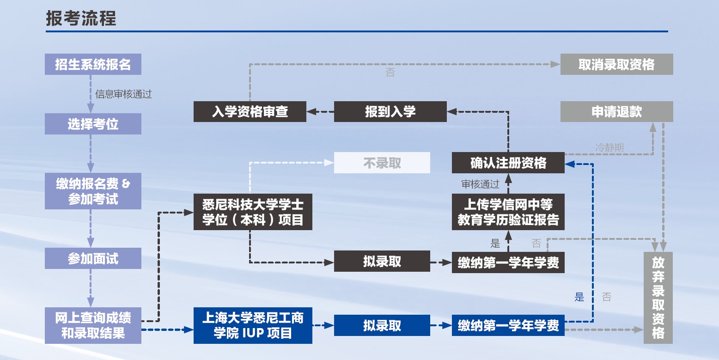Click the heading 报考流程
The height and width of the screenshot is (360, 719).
(81, 19)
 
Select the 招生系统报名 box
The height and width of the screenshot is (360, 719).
(93, 64)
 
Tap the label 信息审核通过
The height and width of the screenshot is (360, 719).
(123, 94)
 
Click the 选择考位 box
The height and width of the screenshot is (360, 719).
(93, 124)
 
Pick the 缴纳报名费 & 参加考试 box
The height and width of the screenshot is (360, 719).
(93, 191)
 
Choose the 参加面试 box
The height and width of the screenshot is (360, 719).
(93, 258)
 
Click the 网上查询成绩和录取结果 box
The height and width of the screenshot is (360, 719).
(93, 325)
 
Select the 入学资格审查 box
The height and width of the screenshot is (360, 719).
(250, 111)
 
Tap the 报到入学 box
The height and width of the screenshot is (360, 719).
(390, 111)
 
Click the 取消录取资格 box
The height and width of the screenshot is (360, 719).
(616, 64)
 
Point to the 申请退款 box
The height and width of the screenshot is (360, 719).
(616, 111)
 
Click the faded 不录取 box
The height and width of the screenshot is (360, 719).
(382, 163)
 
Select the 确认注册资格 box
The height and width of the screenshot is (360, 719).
(508, 163)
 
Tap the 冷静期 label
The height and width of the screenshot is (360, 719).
(609, 148)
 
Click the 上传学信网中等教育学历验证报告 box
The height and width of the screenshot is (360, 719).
(508, 212)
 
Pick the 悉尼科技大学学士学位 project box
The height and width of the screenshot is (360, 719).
(253, 212)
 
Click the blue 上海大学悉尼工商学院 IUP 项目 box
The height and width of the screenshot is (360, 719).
(253, 325)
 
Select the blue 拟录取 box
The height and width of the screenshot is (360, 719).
(382, 325)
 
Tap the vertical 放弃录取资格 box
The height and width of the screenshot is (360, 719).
(658, 298)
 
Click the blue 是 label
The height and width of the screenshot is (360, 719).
(579, 297)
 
